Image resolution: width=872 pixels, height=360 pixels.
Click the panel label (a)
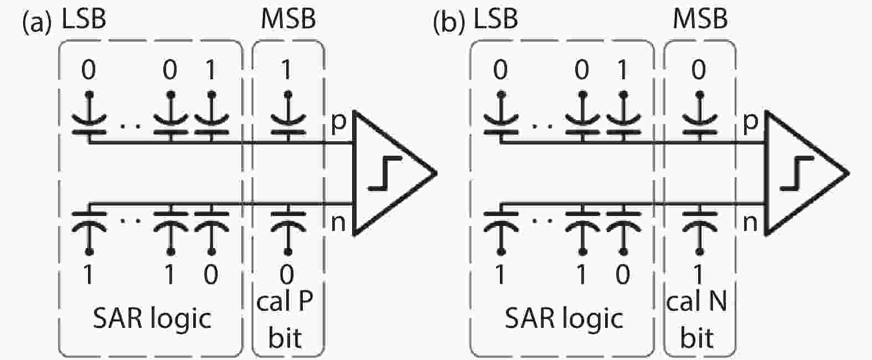pos(37,23)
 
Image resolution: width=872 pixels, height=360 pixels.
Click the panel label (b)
pos(448,23)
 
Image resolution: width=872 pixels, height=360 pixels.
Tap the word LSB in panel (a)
pos(84,19)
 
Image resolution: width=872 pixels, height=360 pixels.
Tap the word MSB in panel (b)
pos(700,19)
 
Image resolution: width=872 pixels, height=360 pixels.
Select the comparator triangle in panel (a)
pos(388,173)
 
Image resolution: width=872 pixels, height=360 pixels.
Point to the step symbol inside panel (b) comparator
pos(796,173)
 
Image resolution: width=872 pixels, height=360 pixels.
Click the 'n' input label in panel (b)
pos(750,222)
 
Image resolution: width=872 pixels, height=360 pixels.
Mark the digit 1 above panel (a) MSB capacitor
pos(287,70)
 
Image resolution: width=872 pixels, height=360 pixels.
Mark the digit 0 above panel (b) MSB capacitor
pos(699,70)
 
